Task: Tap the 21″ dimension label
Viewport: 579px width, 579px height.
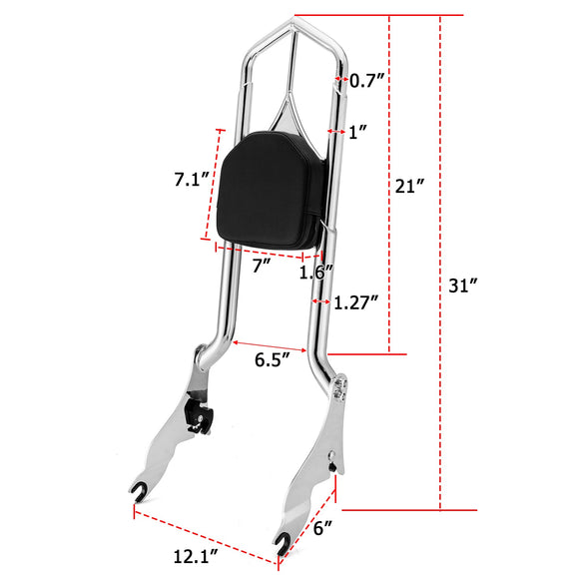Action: (x=410, y=186)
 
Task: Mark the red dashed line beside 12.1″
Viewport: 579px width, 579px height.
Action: (x=205, y=539)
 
